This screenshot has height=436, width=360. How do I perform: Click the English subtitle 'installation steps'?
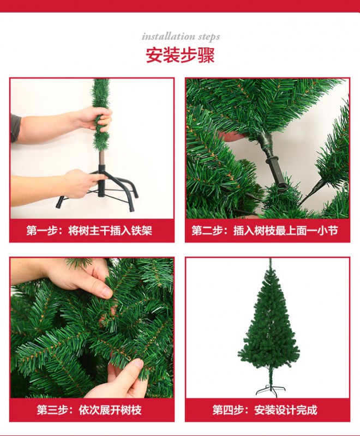coord(181,37)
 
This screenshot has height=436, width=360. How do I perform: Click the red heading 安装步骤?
coord(181,55)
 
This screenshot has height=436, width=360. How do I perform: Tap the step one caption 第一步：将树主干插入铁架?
coord(89,231)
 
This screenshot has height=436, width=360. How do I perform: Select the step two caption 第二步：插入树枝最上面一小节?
coord(265,231)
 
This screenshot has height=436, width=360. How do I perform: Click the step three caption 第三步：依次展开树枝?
coord(89,410)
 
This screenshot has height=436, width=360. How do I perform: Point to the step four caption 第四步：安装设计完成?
coord(265,410)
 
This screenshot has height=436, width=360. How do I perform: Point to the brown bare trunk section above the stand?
coord(101,158)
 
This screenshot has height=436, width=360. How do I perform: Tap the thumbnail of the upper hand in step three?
coord(106,291)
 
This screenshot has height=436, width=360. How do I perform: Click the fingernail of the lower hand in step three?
coord(137,363)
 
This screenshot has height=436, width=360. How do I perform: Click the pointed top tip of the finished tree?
coord(270,259)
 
